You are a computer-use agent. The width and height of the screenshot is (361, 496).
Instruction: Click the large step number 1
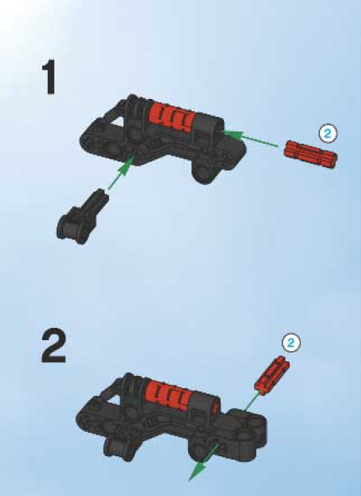pos(50,77)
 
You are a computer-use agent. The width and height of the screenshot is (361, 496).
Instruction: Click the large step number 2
pos(54,346)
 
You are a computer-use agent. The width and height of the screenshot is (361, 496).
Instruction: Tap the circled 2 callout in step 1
pos(328,134)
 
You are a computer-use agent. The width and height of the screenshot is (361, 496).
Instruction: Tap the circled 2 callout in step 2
pos(291,343)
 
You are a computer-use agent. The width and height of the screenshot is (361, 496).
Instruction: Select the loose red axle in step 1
pos(311,154)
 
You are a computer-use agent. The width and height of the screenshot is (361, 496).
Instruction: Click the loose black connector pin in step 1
pos(83,217)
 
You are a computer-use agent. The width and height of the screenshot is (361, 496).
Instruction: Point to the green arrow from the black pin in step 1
pos(122,172)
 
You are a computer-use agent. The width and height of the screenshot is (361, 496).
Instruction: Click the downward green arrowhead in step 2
pos(197,471)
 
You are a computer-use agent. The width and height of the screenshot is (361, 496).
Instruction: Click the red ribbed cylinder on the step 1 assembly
pos(171,114)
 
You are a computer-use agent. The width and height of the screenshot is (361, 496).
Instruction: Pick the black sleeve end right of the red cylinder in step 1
pos(208,126)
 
